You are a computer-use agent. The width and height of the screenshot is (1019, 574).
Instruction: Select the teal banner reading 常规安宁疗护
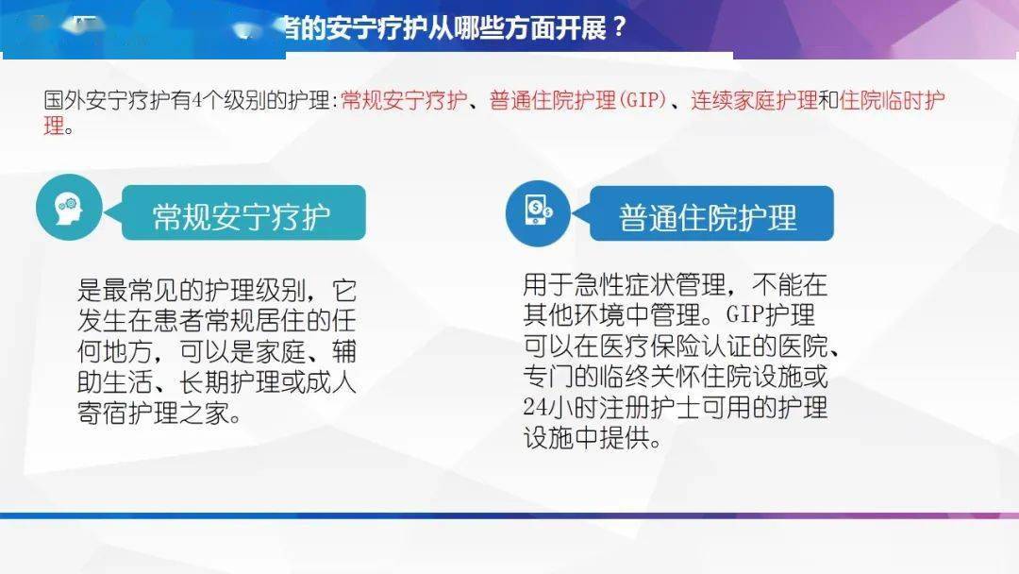(x=242, y=215)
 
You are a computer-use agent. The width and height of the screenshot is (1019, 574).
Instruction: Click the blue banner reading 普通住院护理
(x=709, y=216)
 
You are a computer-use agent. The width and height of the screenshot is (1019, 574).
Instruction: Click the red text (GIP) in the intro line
(x=643, y=101)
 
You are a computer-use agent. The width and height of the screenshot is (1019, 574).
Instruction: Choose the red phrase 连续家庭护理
(x=754, y=101)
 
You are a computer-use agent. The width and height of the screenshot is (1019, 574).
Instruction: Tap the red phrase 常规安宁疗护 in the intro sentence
(x=404, y=101)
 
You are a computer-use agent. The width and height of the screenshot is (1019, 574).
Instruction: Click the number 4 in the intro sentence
(x=196, y=101)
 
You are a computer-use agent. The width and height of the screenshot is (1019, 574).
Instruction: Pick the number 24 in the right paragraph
(x=534, y=408)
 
